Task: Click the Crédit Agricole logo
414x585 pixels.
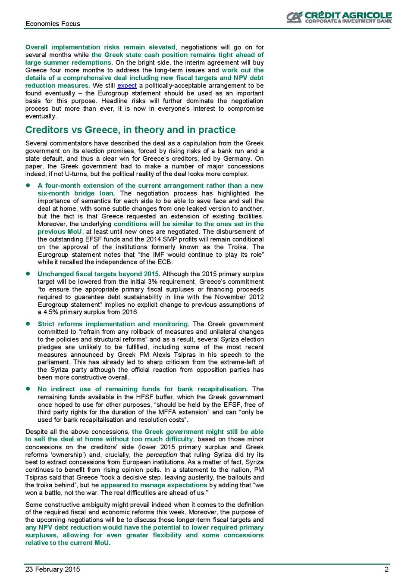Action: [x=339, y=17]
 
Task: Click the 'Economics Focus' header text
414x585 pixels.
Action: [x=53, y=24]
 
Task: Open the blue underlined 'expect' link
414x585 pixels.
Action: [x=127, y=86]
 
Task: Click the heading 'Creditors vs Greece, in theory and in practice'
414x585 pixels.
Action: [x=130, y=130]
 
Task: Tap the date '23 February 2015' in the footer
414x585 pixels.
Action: [x=53, y=569]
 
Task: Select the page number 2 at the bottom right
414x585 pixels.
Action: [x=386, y=569]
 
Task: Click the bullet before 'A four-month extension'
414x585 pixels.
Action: [x=28, y=185]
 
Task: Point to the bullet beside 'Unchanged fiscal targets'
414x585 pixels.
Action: [x=28, y=274]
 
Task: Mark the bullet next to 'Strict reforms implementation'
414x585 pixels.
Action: [x=28, y=324]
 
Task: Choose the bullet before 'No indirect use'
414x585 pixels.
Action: [x=28, y=389]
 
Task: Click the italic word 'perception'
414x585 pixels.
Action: [x=161, y=454]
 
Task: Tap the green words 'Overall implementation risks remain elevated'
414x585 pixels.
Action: [x=100, y=47]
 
